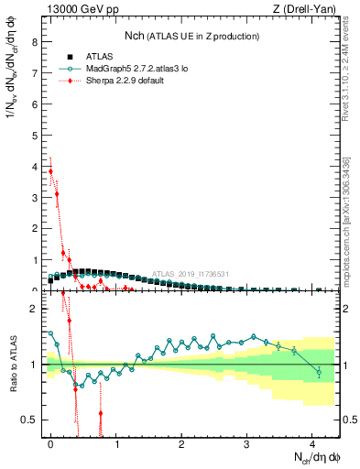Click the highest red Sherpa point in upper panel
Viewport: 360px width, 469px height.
51,171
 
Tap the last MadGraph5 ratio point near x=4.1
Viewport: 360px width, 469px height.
318,372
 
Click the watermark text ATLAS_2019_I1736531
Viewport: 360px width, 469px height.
191,273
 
